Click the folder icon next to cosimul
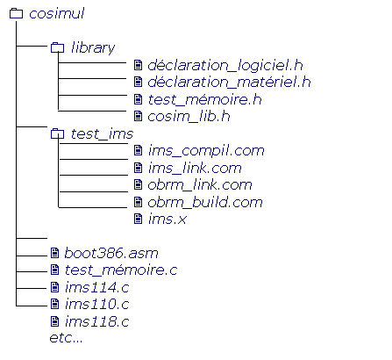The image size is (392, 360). pyautogui.click(x=16, y=13)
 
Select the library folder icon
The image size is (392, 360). pyautogui.click(x=57, y=47)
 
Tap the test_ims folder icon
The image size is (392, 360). pyautogui.click(x=57, y=133)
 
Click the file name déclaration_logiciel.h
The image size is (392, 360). pyautogui.click(x=225, y=65)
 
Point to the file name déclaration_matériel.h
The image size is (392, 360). pyautogui.click(x=229, y=82)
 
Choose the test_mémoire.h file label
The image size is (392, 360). pyautogui.click(x=204, y=99)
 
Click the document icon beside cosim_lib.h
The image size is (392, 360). pyautogui.click(x=138, y=116)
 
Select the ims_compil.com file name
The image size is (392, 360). pyautogui.click(x=206, y=150)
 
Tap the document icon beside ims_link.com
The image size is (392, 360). pyautogui.click(x=138, y=168)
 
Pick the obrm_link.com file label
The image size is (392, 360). pyautogui.click(x=200, y=184)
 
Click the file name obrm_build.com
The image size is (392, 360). pyautogui.click(x=205, y=202)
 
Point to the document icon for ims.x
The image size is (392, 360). pyautogui.click(x=138, y=219)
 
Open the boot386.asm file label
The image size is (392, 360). pyautogui.click(x=111, y=253)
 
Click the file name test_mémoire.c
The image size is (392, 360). pyautogui.click(x=121, y=270)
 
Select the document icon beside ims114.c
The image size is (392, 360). pyautogui.click(x=55, y=287)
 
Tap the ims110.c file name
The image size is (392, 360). pyautogui.click(x=97, y=304)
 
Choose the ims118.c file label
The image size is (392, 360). pyautogui.click(x=97, y=321)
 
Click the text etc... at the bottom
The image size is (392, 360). pyautogui.click(x=66, y=338)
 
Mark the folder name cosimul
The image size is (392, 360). pyautogui.click(x=57, y=13)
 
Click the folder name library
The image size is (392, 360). pyautogui.click(x=93, y=47)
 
